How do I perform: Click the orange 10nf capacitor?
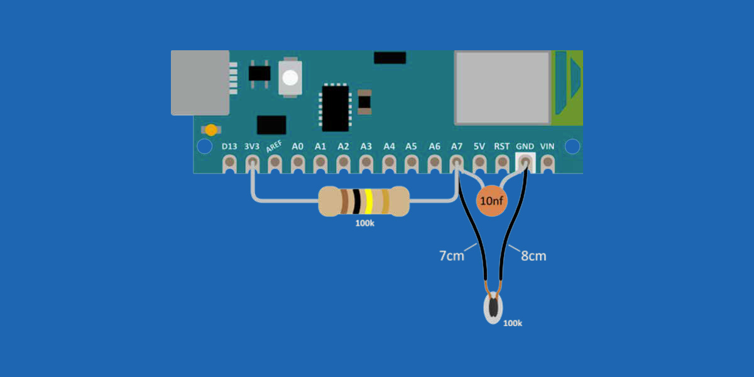(491, 200)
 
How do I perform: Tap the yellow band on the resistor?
(369, 201)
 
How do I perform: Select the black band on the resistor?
(356, 201)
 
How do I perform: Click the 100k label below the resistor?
(365, 223)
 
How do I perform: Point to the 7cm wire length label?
(452, 256)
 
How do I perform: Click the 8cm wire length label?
(533, 256)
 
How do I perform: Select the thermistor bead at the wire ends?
(493, 308)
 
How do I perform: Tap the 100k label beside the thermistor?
(513, 323)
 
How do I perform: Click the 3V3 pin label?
(252, 146)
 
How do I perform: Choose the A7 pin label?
(456, 146)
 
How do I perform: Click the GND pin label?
(525, 146)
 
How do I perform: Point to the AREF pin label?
(274, 147)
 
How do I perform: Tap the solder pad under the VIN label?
(548, 163)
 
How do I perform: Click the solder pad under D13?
(229, 163)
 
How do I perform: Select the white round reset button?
(290, 78)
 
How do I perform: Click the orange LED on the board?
(211, 130)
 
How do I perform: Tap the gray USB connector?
(200, 83)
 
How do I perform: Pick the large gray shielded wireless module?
(503, 88)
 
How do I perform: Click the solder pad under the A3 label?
(366, 163)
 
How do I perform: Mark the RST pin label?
(501, 146)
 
